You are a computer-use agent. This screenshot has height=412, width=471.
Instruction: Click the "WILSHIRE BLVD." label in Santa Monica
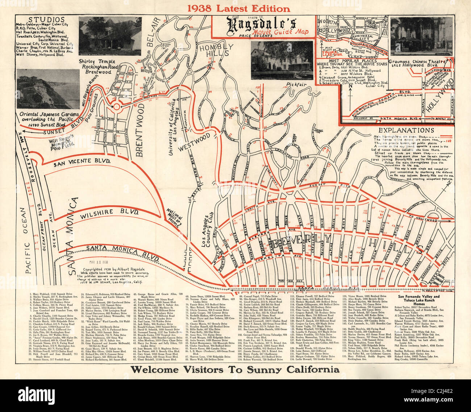coord(106,212)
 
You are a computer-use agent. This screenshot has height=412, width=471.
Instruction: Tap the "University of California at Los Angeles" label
coord(178,127)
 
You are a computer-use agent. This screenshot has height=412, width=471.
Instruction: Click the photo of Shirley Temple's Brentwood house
coord(110,35)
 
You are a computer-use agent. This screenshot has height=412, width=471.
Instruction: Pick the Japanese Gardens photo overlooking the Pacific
coord(47,89)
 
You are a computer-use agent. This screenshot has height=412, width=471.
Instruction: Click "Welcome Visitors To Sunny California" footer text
coord(235,369)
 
